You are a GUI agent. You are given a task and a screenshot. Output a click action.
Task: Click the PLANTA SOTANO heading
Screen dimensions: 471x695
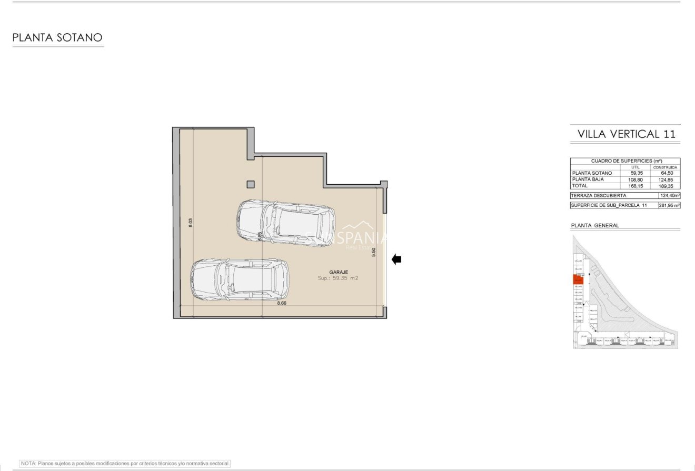tap(57, 38)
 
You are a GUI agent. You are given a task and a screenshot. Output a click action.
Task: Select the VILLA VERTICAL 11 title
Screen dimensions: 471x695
tap(626, 134)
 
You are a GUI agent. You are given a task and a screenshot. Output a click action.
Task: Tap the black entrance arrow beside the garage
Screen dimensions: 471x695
tap(396, 259)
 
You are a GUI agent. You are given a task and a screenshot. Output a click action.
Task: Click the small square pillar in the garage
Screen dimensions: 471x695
tap(251, 184)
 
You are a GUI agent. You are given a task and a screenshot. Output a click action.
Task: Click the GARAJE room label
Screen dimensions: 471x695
tap(339, 272)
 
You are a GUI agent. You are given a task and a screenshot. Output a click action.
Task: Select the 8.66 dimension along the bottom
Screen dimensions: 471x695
tap(282, 303)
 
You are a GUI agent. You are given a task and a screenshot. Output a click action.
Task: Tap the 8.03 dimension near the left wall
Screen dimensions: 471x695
tap(191, 223)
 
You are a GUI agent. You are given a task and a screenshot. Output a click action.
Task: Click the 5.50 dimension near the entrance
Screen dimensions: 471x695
tap(374, 252)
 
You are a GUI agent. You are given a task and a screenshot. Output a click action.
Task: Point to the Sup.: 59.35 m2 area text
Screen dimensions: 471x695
tap(338, 278)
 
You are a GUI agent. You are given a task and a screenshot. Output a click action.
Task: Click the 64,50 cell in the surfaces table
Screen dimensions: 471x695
tap(667, 173)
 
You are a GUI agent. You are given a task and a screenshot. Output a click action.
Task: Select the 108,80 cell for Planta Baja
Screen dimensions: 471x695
tap(636, 179)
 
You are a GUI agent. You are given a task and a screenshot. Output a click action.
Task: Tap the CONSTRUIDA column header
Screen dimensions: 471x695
tap(665, 167)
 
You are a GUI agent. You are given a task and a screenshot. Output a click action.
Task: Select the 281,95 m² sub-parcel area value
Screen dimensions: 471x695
tap(669, 205)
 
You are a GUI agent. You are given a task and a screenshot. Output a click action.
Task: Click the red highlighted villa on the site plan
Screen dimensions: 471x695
tap(578, 279)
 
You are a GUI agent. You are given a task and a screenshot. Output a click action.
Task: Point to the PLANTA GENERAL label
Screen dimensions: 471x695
tap(595, 225)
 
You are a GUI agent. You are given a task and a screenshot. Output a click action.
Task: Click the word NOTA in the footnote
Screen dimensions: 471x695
tap(28, 464)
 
